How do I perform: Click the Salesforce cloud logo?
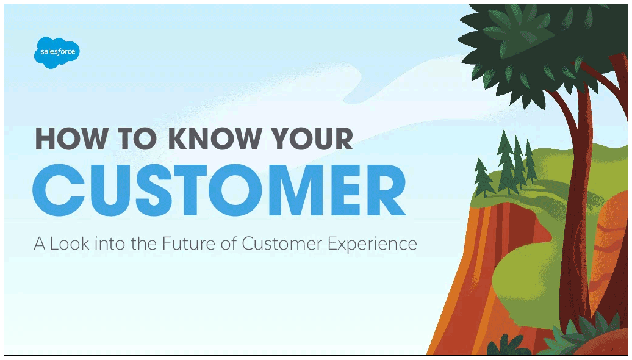[57, 52]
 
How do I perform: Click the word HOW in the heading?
[71, 139]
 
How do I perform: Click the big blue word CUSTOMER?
[220, 190]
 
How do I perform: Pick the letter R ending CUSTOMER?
[384, 190]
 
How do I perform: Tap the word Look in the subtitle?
[70, 244]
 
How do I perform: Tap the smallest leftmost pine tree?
[483, 178]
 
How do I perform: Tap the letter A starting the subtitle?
[40, 244]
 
